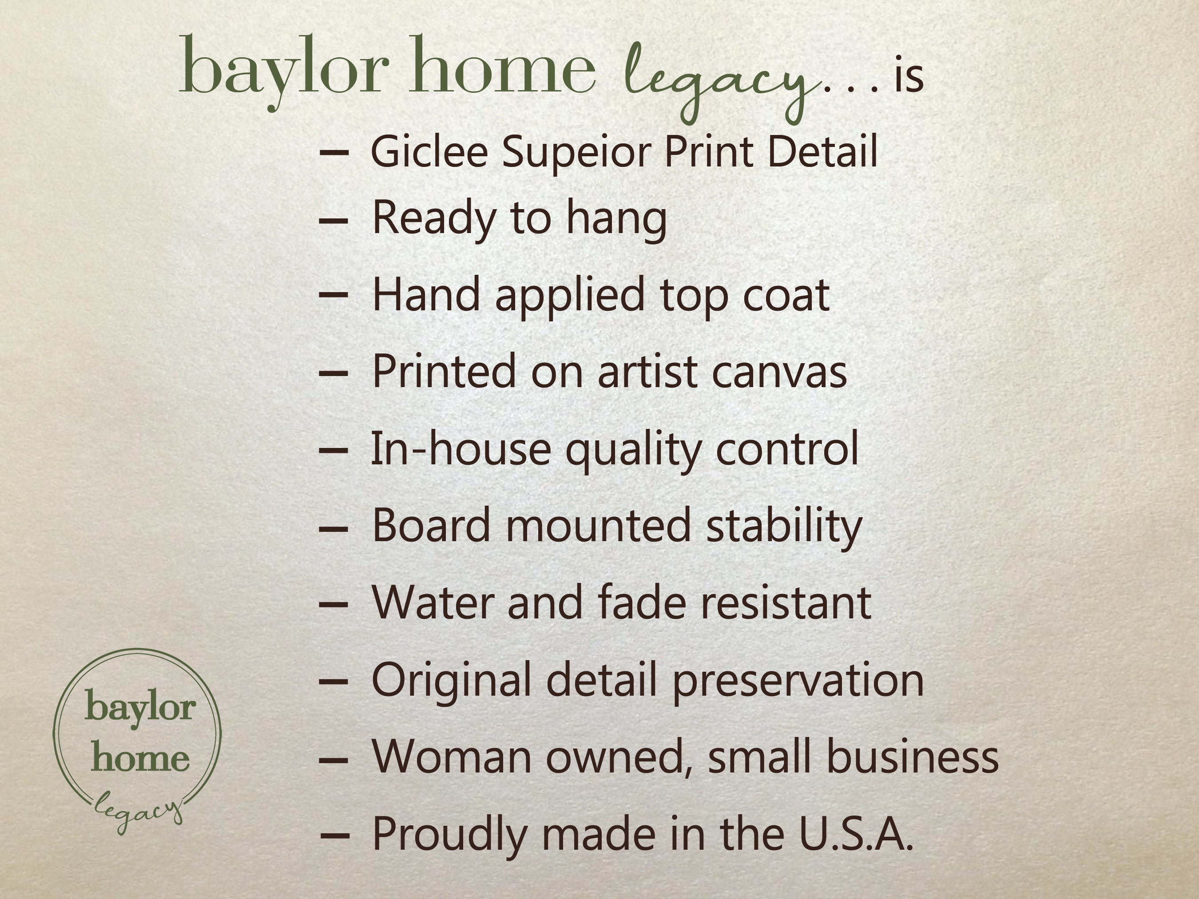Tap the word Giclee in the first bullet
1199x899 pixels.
click(429, 151)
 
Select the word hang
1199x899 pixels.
click(616, 219)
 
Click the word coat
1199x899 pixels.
click(786, 295)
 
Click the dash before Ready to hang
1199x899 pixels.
click(334, 220)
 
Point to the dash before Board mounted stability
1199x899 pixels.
click(334, 528)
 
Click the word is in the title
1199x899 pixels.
click(909, 75)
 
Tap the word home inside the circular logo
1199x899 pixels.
click(140, 757)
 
